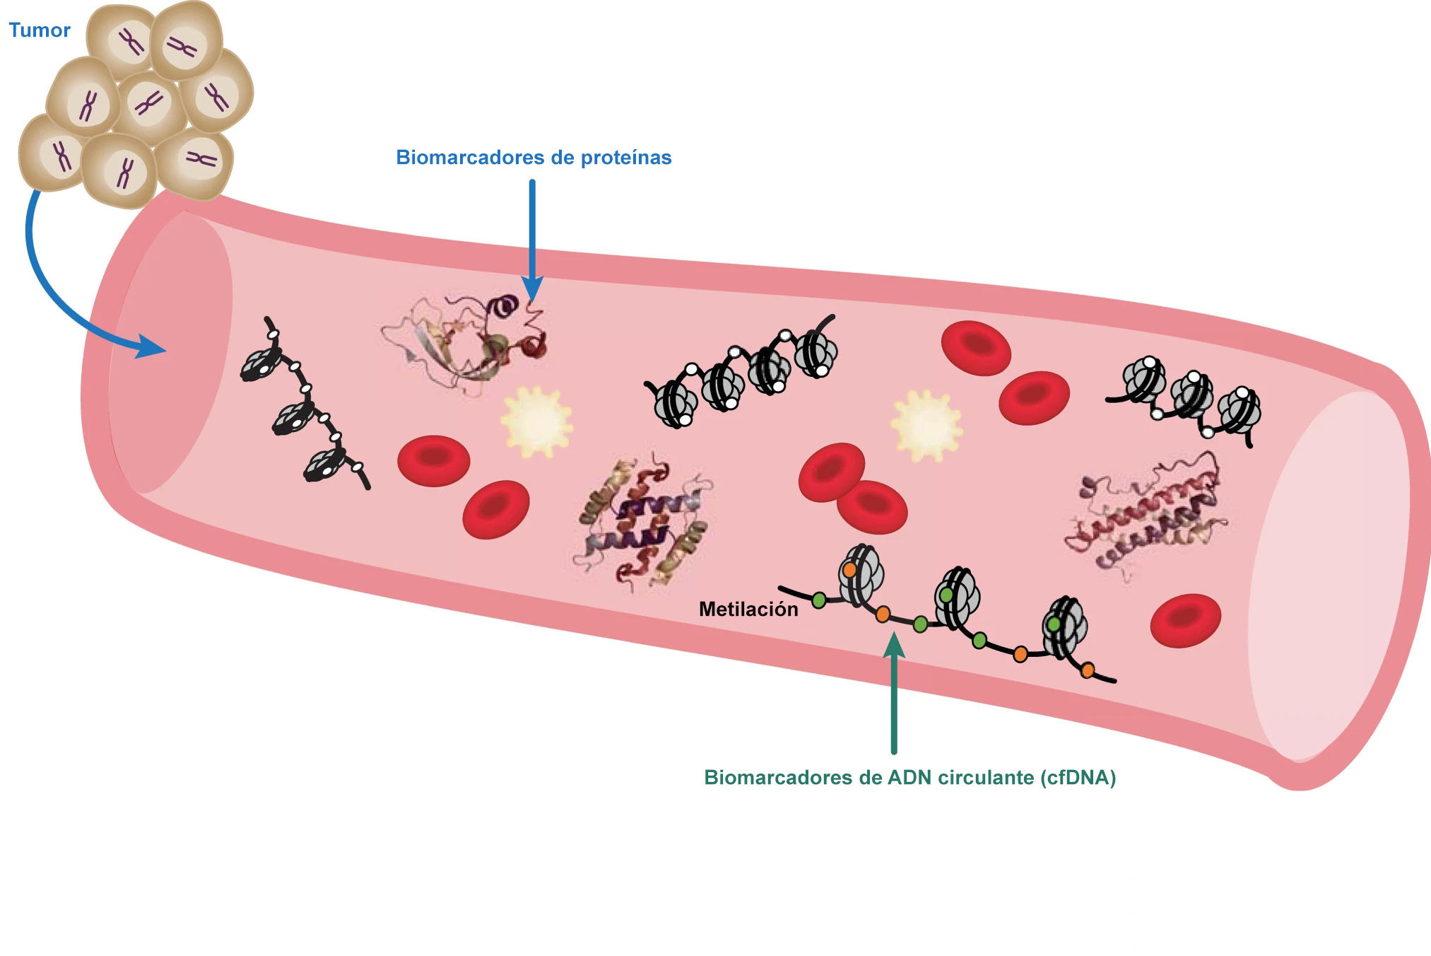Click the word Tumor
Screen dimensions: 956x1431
click(x=40, y=30)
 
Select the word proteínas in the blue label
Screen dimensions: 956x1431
click(x=626, y=157)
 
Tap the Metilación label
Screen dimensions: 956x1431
click(x=748, y=609)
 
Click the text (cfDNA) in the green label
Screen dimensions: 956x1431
click(x=1078, y=777)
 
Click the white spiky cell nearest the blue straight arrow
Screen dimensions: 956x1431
click(x=536, y=421)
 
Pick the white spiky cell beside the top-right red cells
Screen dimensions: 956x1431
click(x=926, y=426)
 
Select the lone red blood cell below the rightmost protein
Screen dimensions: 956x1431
click(x=1185, y=620)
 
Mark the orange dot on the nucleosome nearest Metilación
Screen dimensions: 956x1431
click(x=849, y=569)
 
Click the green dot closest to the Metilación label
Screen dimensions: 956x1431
click(x=818, y=600)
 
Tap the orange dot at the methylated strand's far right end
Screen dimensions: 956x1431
click(x=1088, y=670)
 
